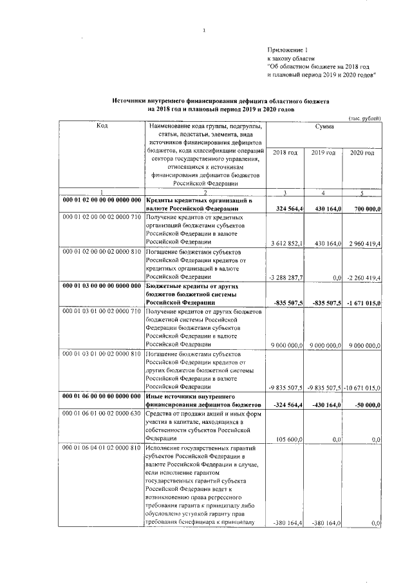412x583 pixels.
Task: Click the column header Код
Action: (x=102, y=126)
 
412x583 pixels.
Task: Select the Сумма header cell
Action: (x=324, y=128)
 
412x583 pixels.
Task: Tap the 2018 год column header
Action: (x=285, y=152)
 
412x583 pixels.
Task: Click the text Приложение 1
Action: (x=283, y=50)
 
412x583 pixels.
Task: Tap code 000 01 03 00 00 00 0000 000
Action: (x=102, y=285)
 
